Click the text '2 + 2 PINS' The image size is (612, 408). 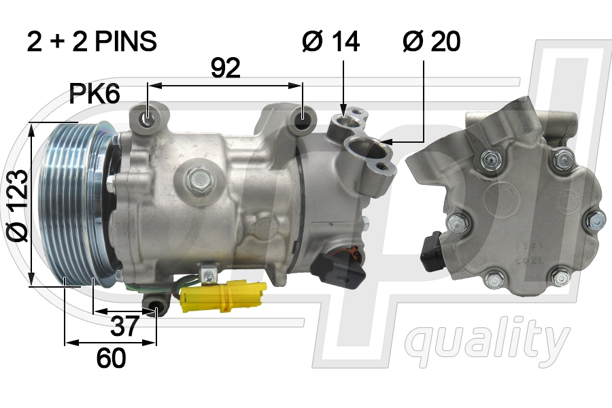tap(92, 41)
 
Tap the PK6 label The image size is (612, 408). tap(95, 95)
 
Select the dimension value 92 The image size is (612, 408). tap(225, 68)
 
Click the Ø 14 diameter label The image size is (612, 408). tap(330, 41)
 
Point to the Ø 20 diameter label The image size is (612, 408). tap(431, 41)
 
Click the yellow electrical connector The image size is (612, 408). tap(221, 296)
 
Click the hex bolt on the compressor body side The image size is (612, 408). tap(200, 178)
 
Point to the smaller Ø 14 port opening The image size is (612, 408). tap(343, 122)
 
